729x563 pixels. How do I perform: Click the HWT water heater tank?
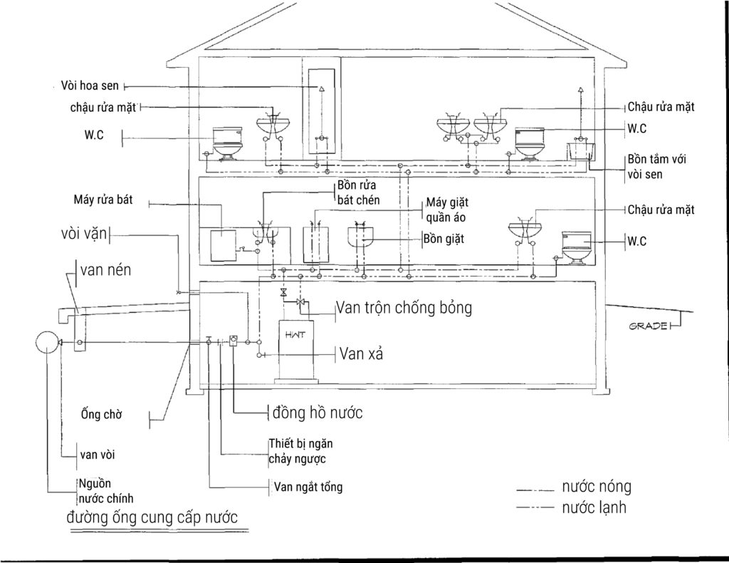pos(296,349)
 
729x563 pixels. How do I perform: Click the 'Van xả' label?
pos(362,353)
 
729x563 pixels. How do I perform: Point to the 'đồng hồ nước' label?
pos(319,413)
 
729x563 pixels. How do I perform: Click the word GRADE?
pos(649,326)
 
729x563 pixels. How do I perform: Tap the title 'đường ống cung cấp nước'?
pos(152,517)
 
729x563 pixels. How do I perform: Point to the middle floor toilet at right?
pos(577,247)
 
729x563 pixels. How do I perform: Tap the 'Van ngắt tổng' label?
pos(308,487)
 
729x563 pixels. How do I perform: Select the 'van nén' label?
pos(105,271)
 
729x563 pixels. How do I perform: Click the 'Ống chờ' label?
pos(102,415)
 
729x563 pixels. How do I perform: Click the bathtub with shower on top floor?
pos(580,152)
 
